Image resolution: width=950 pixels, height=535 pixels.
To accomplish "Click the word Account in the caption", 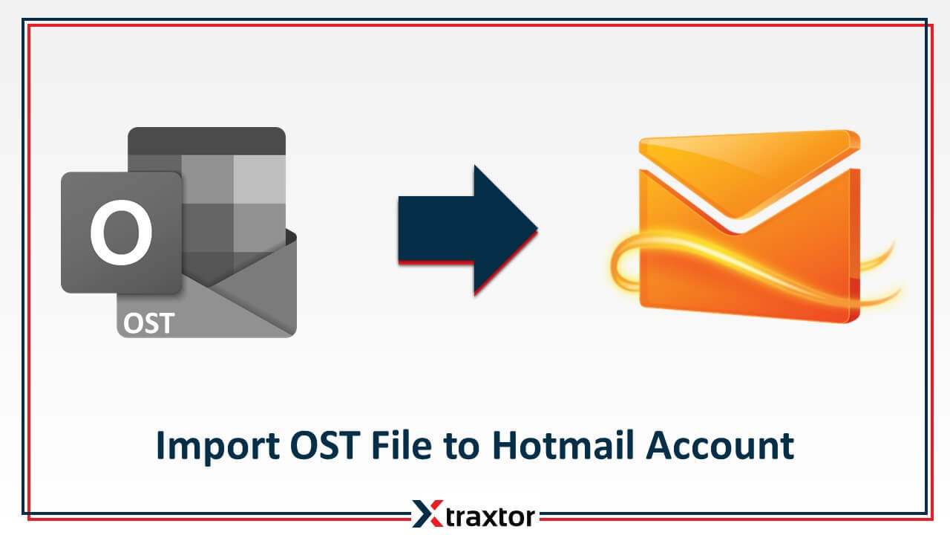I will coord(720,446).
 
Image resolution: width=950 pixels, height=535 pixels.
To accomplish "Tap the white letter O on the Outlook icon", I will coord(121,230).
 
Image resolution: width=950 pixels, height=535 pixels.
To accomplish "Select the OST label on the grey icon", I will coord(149,323).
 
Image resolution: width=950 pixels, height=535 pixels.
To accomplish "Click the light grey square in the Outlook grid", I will coord(260,178).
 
